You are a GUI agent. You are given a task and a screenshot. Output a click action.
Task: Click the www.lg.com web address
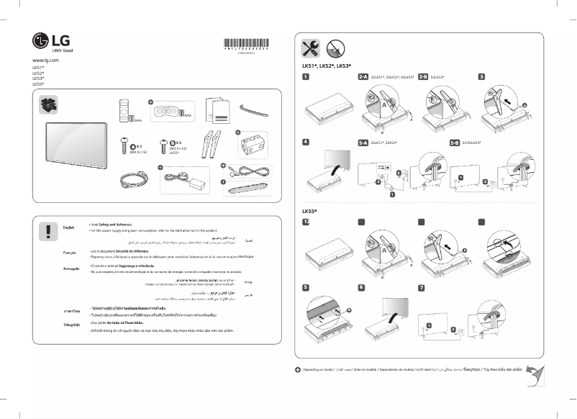pyautogui.click(x=45, y=60)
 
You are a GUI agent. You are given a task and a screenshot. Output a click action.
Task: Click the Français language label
pyautogui.click(x=70, y=253)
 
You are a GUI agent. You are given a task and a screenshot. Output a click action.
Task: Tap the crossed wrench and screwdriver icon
pyautogui.click(x=309, y=48)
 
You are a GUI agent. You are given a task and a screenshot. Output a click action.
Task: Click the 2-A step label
pyautogui.click(x=363, y=76)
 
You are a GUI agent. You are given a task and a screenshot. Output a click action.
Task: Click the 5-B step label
pyautogui.click(x=454, y=143)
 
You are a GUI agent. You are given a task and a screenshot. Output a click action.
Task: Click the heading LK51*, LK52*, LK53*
pyautogui.click(x=325, y=66)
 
